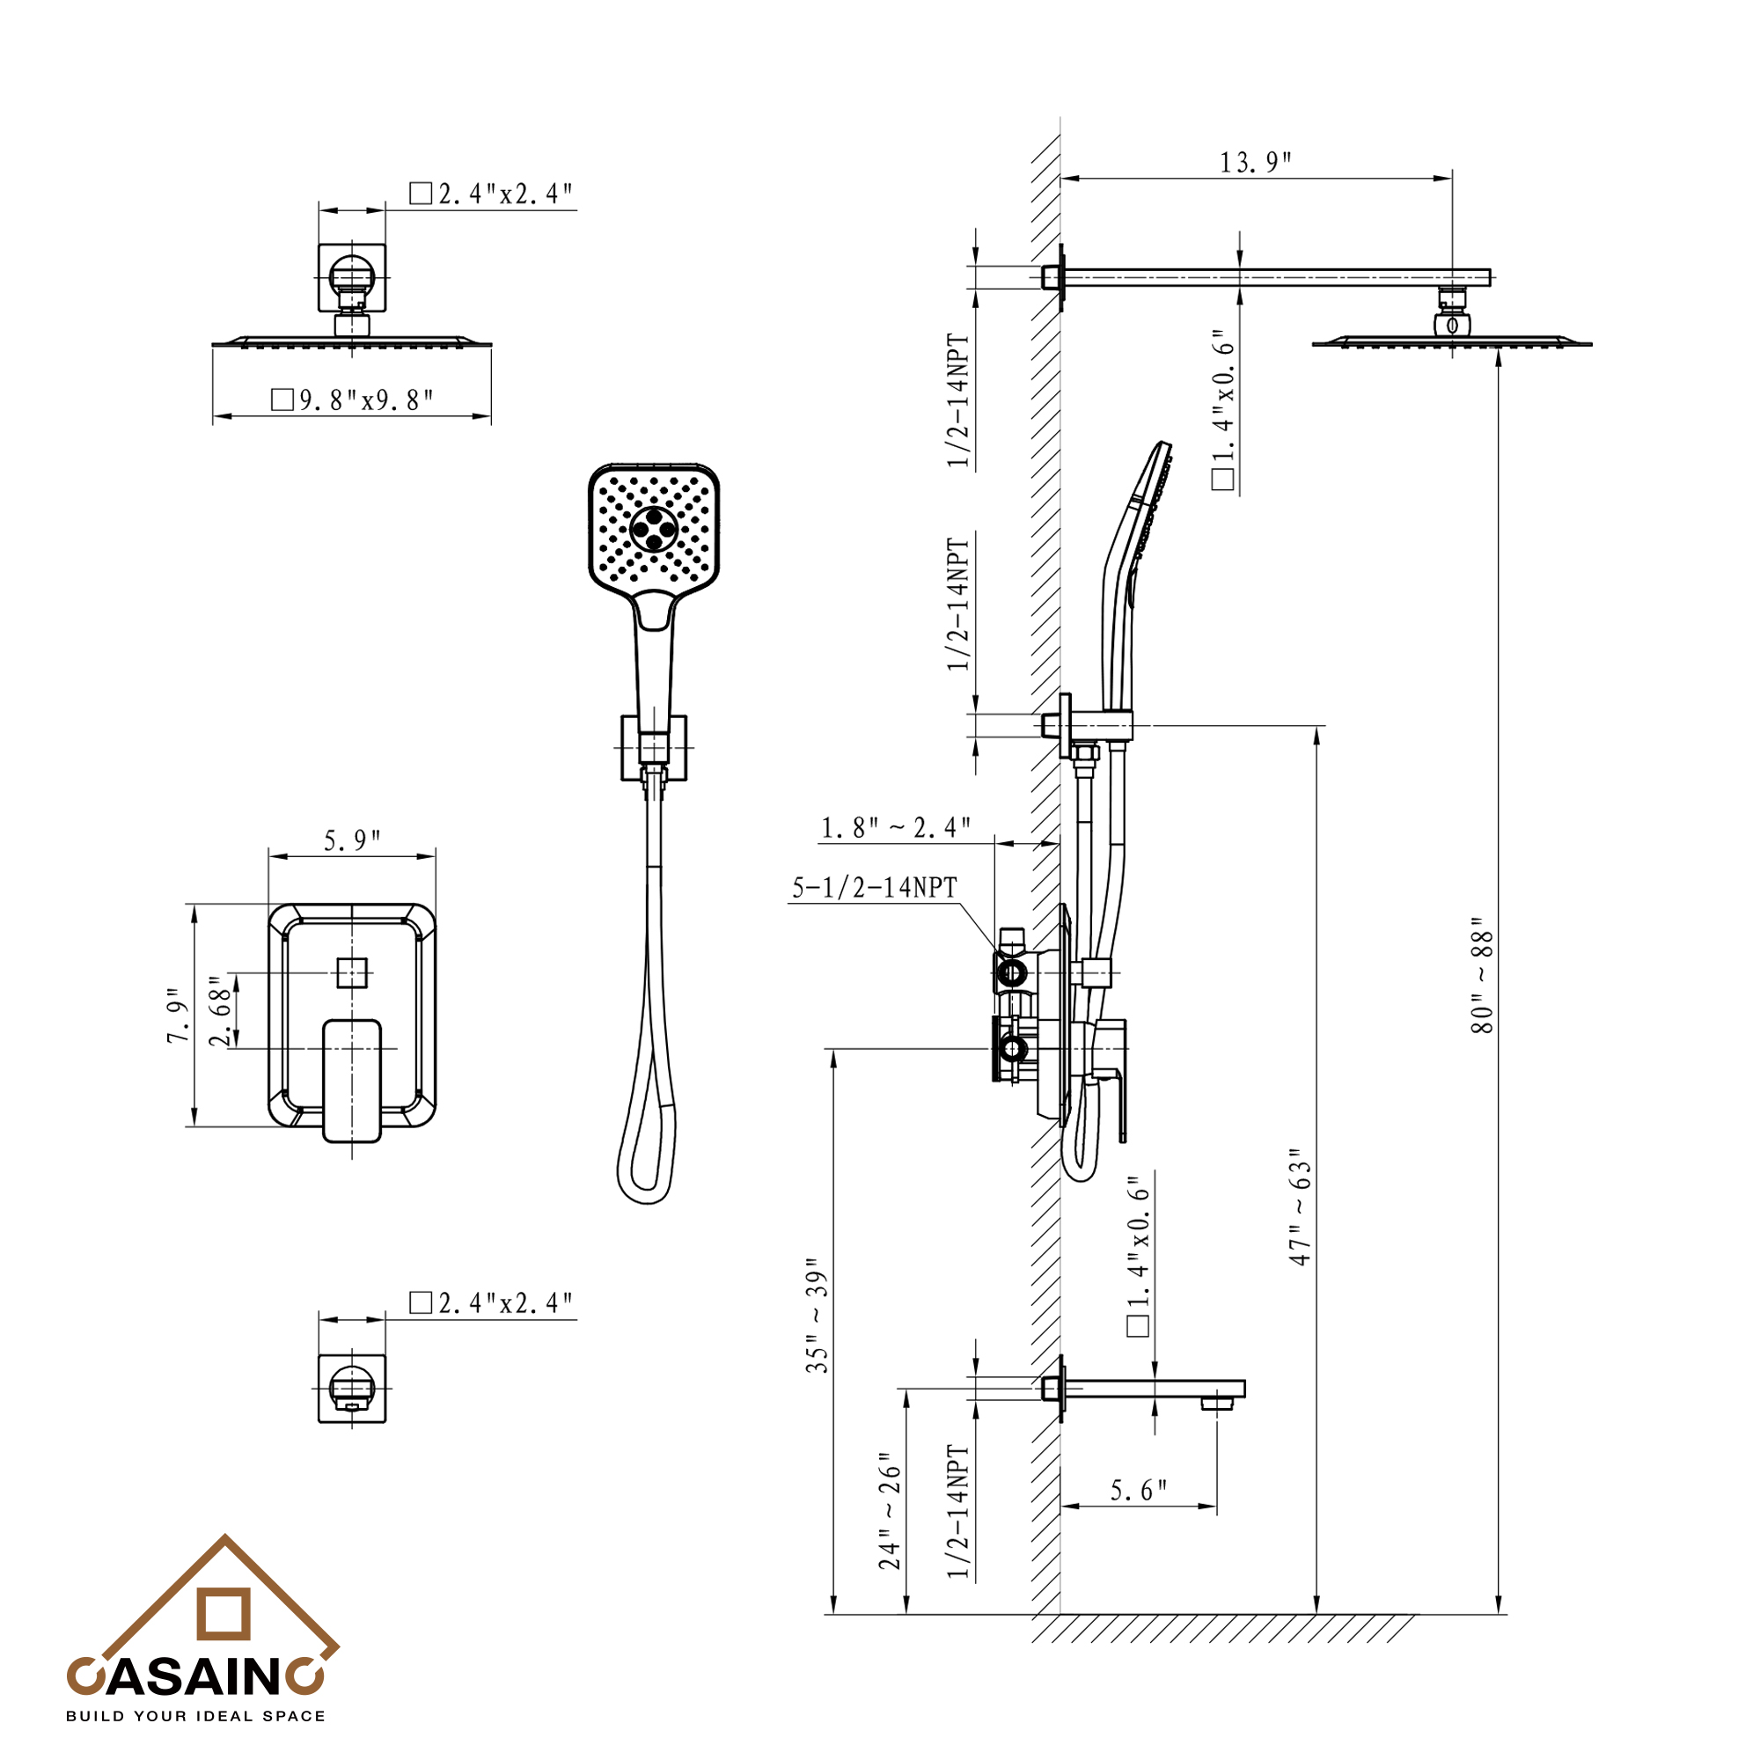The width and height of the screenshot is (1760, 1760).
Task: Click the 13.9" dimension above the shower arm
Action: (x=1256, y=162)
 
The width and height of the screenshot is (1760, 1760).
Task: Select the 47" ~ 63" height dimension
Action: (x=1301, y=1212)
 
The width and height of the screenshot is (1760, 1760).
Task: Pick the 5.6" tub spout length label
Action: (x=1138, y=1491)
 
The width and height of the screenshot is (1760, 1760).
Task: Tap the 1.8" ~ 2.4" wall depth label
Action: (x=896, y=827)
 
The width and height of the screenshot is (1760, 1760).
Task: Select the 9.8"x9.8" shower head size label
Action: (x=354, y=400)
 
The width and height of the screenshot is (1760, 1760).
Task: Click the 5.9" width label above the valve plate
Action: (x=352, y=840)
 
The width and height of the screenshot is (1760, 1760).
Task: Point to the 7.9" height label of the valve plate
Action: (x=180, y=1016)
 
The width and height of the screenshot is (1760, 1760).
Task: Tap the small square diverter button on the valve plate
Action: (x=352, y=973)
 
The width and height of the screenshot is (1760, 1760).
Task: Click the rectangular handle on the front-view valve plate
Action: (x=352, y=1080)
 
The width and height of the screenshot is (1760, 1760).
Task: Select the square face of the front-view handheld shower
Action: (x=654, y=529)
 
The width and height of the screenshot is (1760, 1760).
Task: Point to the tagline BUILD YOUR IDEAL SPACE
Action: (x=195, y=1716)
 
